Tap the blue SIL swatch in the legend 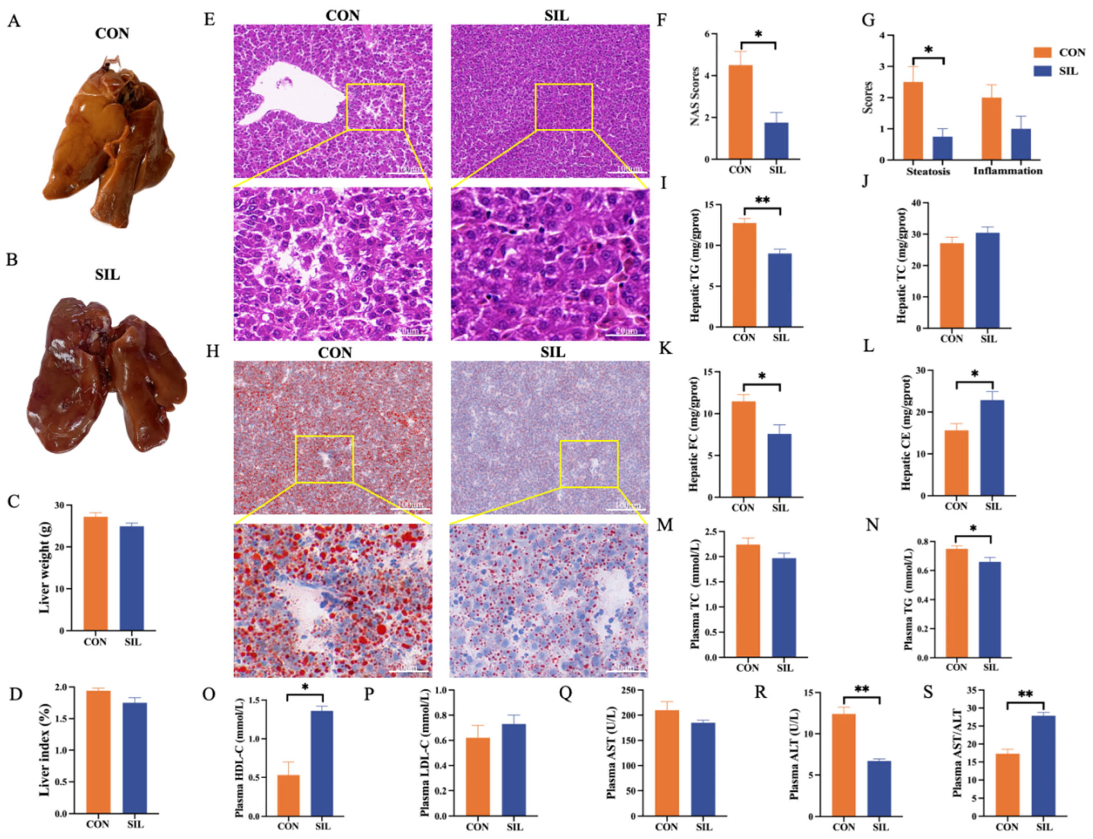(1042, 71)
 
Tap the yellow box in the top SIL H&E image (563, 107)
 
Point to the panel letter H (213, 352)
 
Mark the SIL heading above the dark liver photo (108, 275)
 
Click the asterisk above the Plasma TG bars (973, 529)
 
